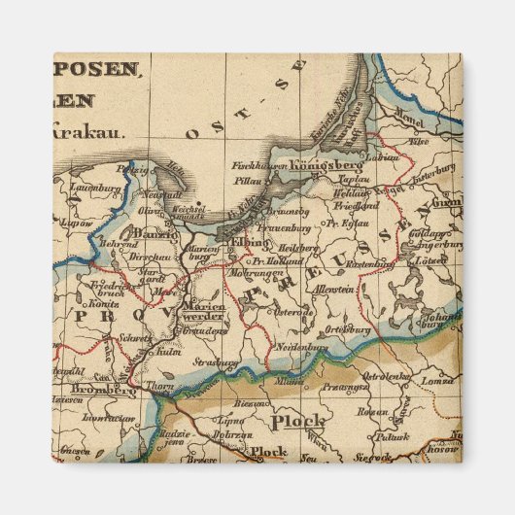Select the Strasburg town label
pos(215,362)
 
